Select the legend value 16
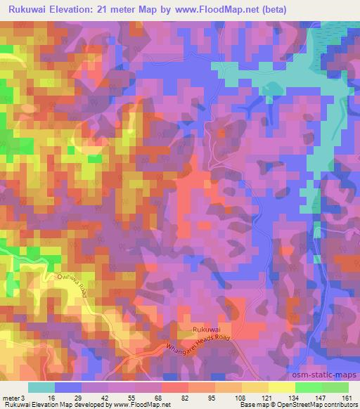51,397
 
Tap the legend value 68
158,397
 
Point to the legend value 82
185,397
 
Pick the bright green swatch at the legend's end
335,387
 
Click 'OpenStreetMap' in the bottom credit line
311,405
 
